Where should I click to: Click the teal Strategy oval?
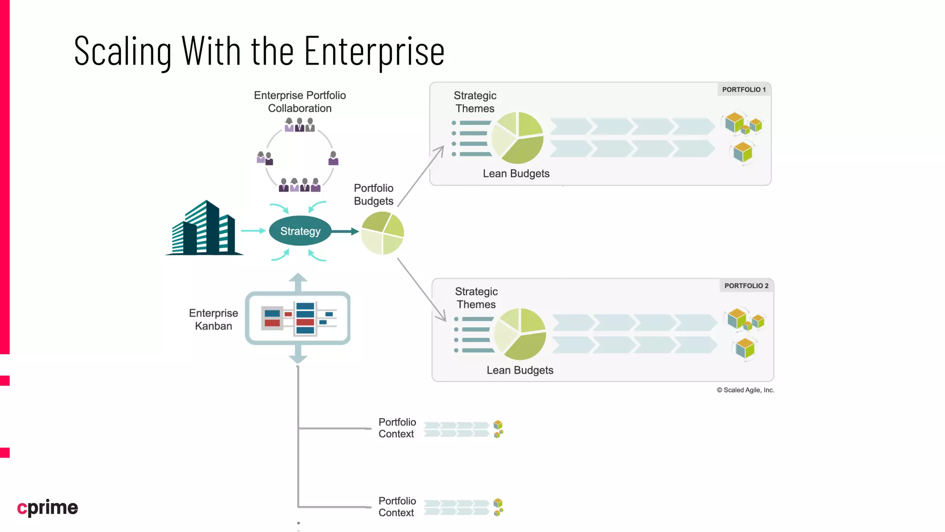pyautogui.click(x=300, y=231)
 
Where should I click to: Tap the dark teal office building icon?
pyautogui.click(x=204, y=230)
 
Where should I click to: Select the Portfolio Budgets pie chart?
pyautogui.click(x=383, y=233)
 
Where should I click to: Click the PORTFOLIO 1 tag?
pyautogui.click(x=743, y=90)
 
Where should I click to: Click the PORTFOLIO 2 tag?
pyautogui.click(x=746, y=286)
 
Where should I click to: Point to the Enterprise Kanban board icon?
pyautogui.click(x=298, y=318)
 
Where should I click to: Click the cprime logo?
pyautogui.click(x=48, y=508)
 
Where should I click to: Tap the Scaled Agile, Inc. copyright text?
pyautogui.click(x=745, y=390)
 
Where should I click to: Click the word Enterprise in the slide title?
pyautogui.click(x=374, y=51)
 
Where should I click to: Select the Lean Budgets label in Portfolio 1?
pyautogui.click(x=516, y=174)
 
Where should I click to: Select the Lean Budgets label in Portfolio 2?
pyautogui.click(x=520, y=370)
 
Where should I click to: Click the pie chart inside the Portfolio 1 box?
pyautogui.click(x=517, y=138)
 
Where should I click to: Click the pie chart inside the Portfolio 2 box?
pyautogui.click(x=520, y=334)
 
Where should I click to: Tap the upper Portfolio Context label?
pyautogui.click(x=397, y=428)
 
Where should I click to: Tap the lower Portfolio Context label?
pyautogui.click(x=397, y=507)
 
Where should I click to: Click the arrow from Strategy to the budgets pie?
pyautogui.click(x=345, y=231)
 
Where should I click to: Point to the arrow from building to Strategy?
pyautogui.click(x=253, y=230)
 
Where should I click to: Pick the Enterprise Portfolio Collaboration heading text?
pyautogui.click(x=300, y=102)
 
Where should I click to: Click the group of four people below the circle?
pyautogui.click(x=299, y=185)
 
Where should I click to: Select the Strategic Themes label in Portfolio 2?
pyautogui.click(x=476, y=298)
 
